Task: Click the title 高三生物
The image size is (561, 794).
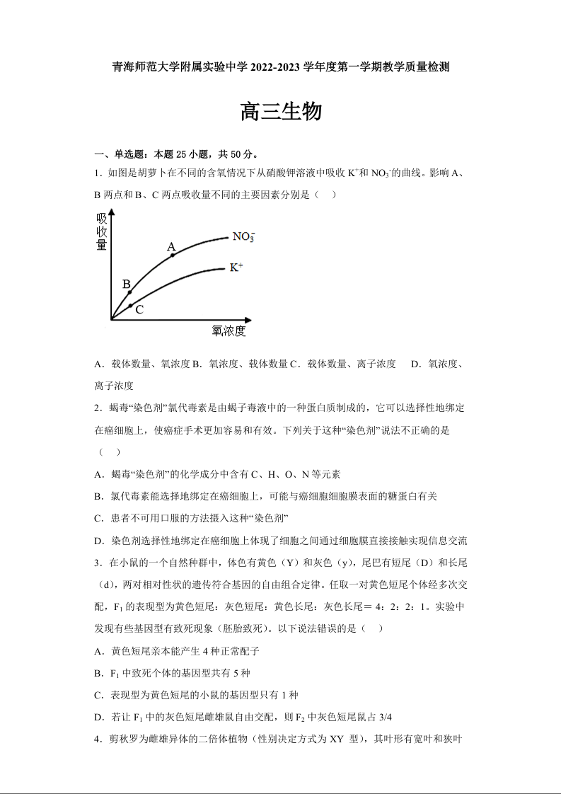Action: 281,112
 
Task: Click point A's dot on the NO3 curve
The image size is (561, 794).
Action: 173,255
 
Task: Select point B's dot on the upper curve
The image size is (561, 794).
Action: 129,292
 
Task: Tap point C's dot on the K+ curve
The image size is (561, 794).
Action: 131,305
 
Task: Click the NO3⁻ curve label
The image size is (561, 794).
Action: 244,237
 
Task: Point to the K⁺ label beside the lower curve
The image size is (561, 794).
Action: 236,267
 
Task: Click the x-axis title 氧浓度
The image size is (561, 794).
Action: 229,330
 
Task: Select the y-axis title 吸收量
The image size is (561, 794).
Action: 102,231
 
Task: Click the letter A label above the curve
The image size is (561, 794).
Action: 171,246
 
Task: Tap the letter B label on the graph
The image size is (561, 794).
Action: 127,284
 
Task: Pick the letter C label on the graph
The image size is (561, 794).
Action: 139,310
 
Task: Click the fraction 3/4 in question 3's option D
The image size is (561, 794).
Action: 385,717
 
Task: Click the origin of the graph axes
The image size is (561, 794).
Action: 111,320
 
